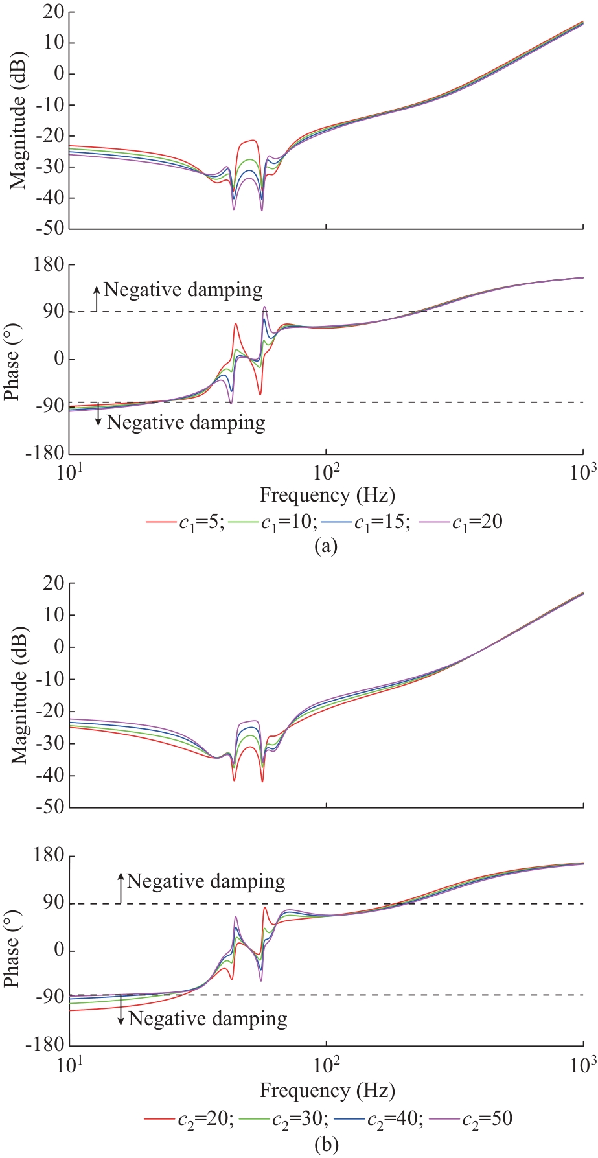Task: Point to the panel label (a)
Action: point(325,546)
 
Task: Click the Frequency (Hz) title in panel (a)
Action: point(327,496)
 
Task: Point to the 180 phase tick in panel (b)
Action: point(49,857)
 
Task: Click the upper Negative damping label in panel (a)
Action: point(183,290)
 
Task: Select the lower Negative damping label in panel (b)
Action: point(207,1019)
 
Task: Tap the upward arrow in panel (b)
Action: point(121,887)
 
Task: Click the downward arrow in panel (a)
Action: point(98,415)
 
